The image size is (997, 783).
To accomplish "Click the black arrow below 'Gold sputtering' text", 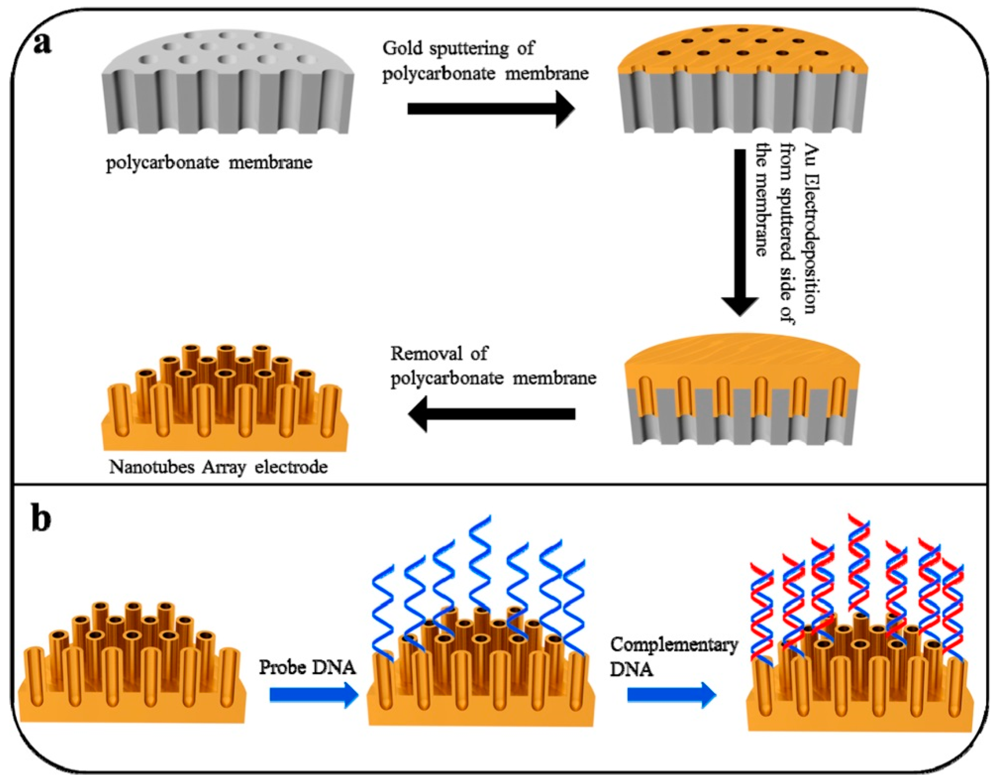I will tap(491, 109).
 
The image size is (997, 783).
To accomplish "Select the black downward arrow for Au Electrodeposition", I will tap(739, 231).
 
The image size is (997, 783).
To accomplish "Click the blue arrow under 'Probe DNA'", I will tap(314, 695).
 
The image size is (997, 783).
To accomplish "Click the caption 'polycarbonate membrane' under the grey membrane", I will tap(209, 162).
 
